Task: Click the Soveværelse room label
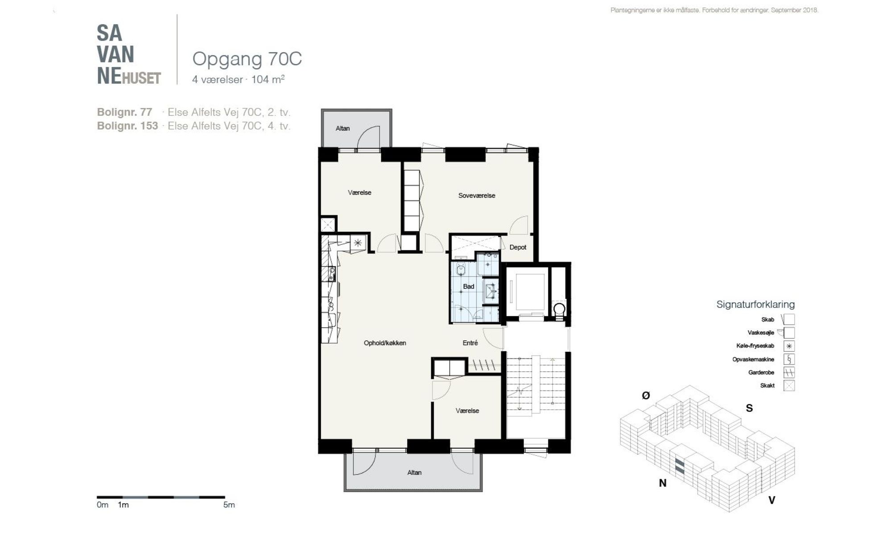[x=477, y=195]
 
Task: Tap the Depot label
[x=518, y=247]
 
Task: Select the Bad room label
[x=468, y=286]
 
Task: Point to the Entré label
[x=470, y=343]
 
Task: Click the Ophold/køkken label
[x=385, y=343]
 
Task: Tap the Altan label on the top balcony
[x=343, y=128]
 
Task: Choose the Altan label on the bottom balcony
[x=414, y=473]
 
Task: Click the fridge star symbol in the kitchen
[x=358, y=243]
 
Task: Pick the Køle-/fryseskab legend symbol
[x=789, y=346]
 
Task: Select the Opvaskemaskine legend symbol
[x=789, y=359]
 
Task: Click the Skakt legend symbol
[x=789, y=386]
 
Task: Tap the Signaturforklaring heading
[x=756, y=305]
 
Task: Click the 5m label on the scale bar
[x=229, y=505]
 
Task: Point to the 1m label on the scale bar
[x=123, y=505]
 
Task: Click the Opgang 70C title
[x=247, y=59]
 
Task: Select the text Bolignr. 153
[x=128, y=126]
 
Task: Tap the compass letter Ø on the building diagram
[x=646, y=395]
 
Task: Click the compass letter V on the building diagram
[x=772, y=500]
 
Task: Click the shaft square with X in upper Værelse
[x=328, y=224]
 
